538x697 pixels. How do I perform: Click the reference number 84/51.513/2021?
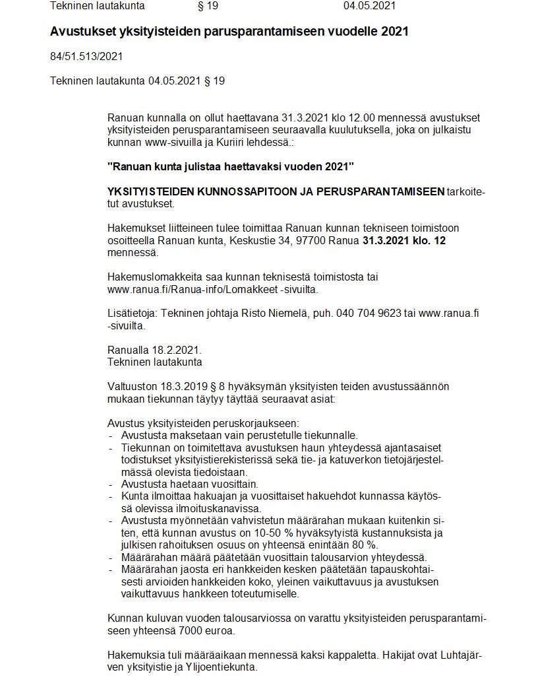(x=86, y=57)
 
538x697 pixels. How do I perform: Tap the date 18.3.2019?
(x=183, y=386)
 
